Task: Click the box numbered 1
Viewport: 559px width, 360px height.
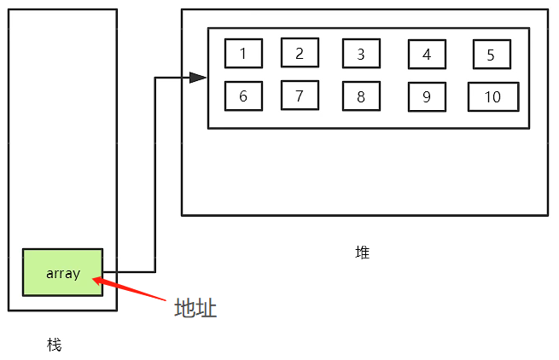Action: click(243, 54)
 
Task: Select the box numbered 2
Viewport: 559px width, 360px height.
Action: click(300, 53)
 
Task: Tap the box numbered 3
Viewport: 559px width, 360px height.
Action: click(361, 54)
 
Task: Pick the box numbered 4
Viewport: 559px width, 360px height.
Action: click(427, 55)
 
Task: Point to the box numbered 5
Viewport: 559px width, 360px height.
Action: click(492, 55)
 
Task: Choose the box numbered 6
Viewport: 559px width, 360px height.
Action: click(243, 96)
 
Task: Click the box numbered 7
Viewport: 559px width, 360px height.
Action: click(300, 96)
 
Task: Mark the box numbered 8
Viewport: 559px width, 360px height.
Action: click(361, 96)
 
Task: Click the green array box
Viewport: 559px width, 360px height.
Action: click(62, 272)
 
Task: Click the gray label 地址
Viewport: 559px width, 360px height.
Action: click(195, 308)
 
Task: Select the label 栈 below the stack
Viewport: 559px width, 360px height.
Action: click(55, 345)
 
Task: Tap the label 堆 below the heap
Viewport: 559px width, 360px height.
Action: click(363, 253)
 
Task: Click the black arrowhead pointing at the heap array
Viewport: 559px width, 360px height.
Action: click(199, 78)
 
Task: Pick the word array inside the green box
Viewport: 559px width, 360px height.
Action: click(63, 273)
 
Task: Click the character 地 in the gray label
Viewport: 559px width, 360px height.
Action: click(184, 308)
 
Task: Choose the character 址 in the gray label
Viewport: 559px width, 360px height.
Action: click(207, 308)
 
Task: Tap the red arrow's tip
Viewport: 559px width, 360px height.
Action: click(94, 277)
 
